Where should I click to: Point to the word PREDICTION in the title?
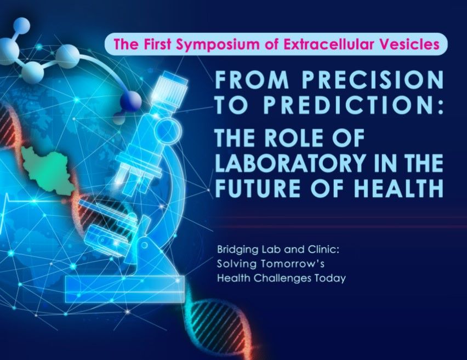(346, 105)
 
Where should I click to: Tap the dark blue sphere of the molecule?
(131, 101)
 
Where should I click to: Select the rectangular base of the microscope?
(125, 289)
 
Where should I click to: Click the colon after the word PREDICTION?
(441, 105)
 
